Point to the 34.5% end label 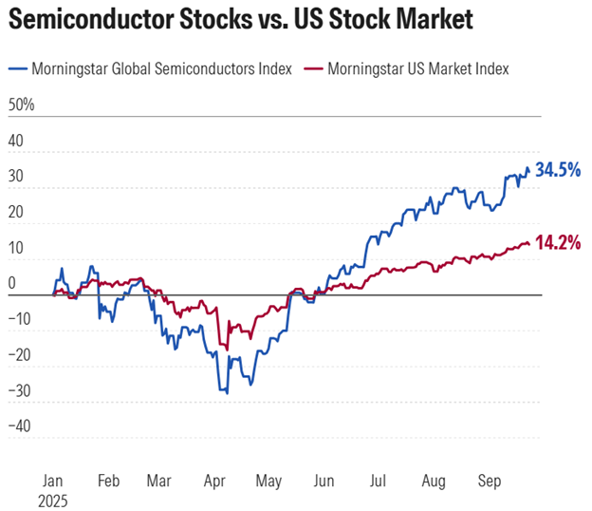tap(558, 171)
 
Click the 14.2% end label tap(558, 242)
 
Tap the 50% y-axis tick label tap(21, 104)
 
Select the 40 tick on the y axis tap(15, 140)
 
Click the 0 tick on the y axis tap(11, 282)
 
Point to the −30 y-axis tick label tap(19, 389)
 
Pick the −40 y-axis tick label tap(19, 425)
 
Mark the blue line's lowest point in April tap(227, 392)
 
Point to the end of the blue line tap(529, 172)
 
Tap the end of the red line tap(529, 244)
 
